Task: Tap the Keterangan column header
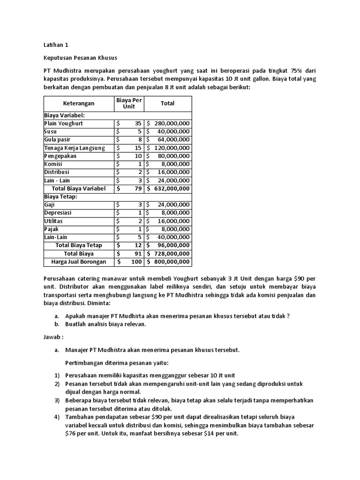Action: click(79, 103)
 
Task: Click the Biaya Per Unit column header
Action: click(129, 103)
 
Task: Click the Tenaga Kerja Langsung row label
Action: click(75, 148)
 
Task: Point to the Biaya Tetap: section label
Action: click(60, 197)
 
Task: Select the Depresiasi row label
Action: click(59, 213)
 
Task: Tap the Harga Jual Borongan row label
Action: click(79, 262)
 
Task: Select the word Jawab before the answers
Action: click(52, 337)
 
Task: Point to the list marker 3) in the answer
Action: click(57, 400)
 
